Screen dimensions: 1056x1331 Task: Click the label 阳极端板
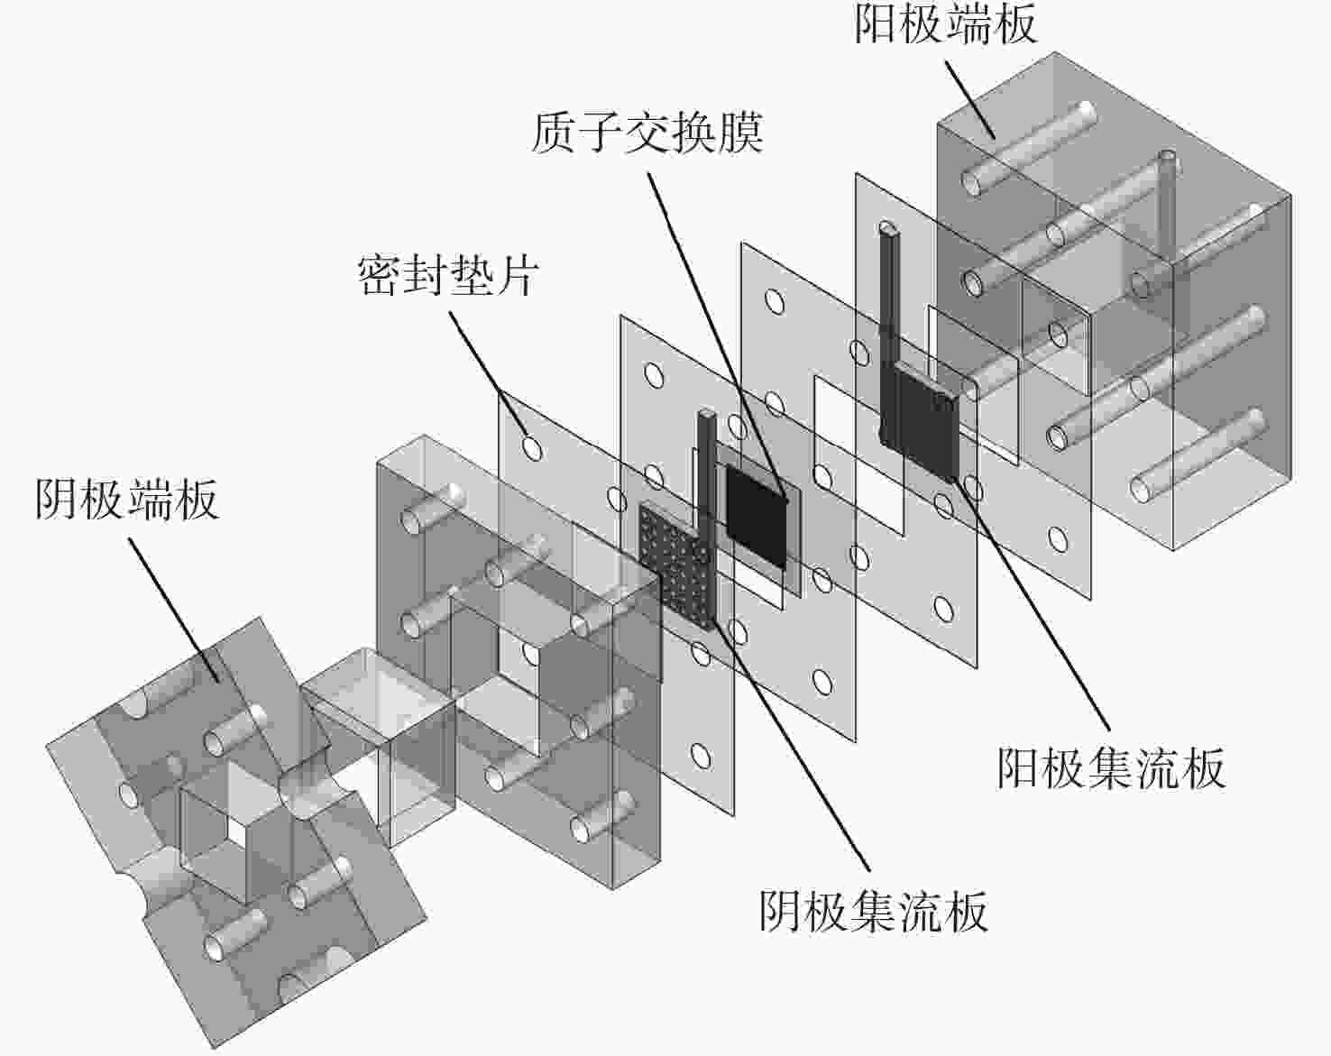[x=945, y=24]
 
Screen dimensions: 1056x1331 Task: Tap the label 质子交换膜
[x=647, y=133]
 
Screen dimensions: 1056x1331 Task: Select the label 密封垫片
[x=447, y=274]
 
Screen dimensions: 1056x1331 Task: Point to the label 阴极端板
[x=126, y=499]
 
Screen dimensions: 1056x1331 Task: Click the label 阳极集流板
[x=1111, y=768]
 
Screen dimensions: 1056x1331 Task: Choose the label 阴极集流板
[x=873, y=911]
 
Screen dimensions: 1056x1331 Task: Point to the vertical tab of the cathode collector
[x=705, y=469]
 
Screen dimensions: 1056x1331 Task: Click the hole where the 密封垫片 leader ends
[x=532, y=446]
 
